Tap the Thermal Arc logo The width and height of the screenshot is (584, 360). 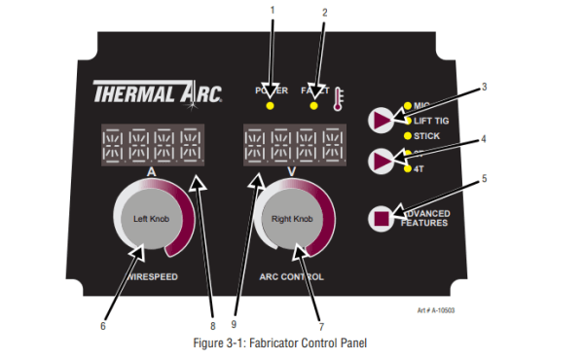tap(159, 94)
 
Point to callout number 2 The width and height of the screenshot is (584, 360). tap(325, 12)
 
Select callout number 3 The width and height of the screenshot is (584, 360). tap(483, 87)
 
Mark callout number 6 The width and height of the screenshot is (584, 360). tap(102, 325)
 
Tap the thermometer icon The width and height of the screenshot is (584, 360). tap(338, 98)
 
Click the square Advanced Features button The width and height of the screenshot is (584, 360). tap(381, 218)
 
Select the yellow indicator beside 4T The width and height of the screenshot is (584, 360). tap(408, 168)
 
